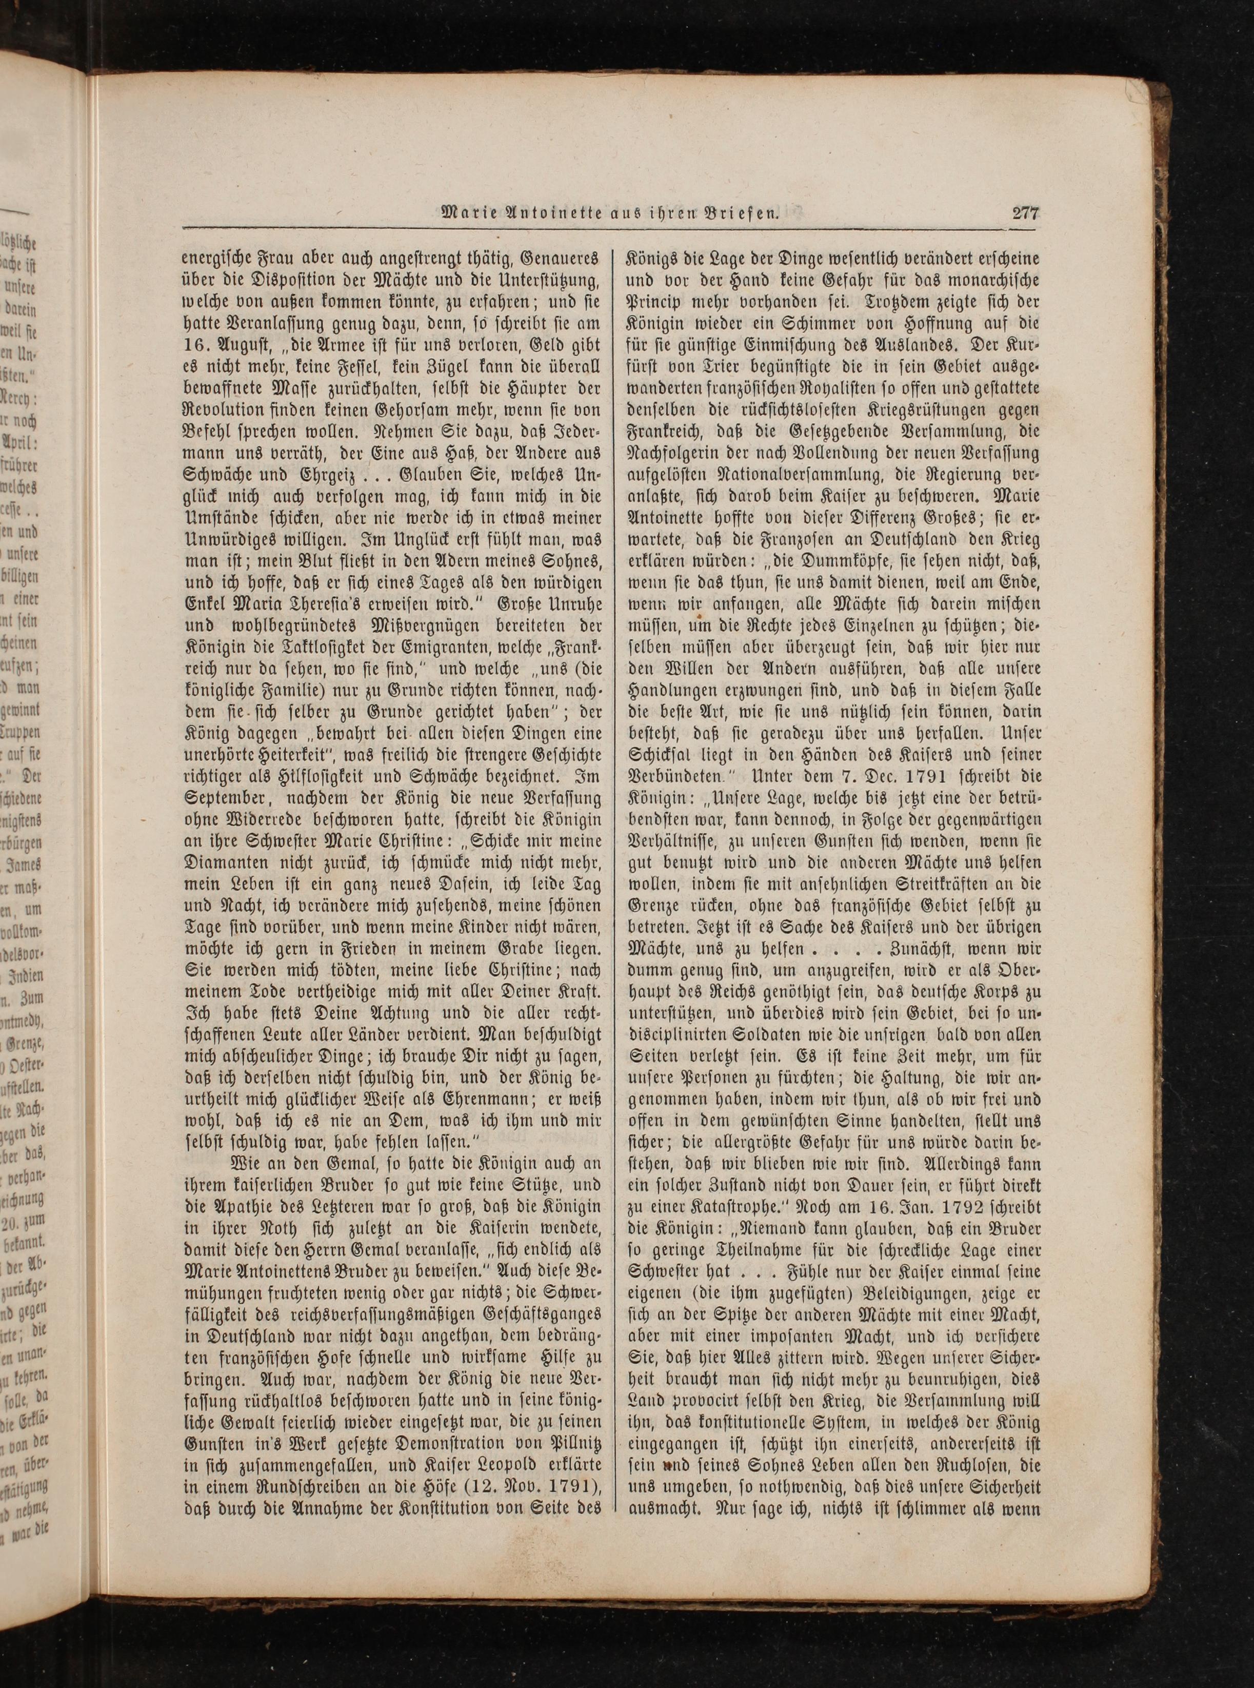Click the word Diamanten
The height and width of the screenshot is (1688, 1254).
[227, 866]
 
